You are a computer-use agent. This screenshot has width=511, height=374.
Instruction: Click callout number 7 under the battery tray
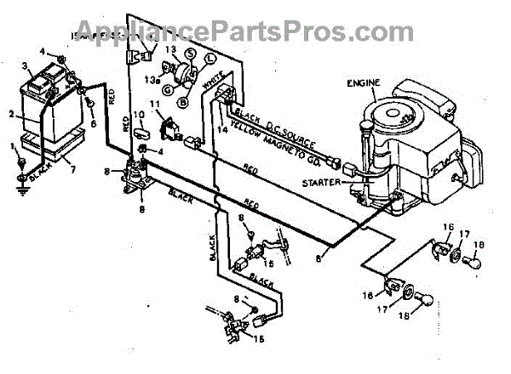72,168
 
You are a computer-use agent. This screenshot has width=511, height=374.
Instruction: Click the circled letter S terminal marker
191,54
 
